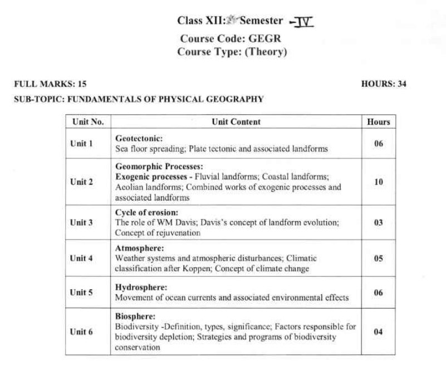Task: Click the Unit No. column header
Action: [88, 121]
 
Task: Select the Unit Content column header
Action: [236, 121]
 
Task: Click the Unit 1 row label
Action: [81, 144]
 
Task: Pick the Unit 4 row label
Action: [81, 258]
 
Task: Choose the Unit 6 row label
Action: [81, 332]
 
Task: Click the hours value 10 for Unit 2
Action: [379, 182]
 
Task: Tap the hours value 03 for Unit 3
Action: [379, 222]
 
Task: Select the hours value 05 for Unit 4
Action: [379, 258]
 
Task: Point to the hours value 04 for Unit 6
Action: [379, 332]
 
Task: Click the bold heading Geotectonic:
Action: [139, 138]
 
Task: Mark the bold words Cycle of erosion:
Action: [147, 212]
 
